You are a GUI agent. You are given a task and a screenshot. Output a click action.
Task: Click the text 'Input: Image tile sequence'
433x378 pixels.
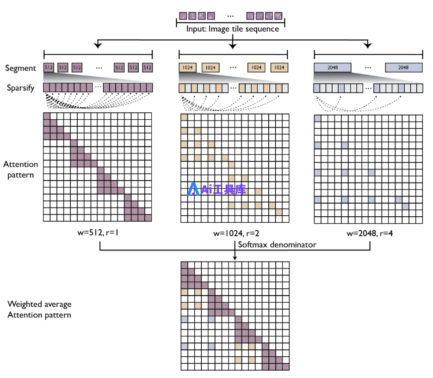(233, 29)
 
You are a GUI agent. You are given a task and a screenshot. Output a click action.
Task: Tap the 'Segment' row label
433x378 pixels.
(20, 68)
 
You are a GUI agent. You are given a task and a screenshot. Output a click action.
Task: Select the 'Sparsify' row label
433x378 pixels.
(21, 88)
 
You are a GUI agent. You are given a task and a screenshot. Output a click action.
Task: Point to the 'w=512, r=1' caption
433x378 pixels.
(98, 232)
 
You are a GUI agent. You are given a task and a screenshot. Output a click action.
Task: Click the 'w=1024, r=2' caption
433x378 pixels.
(236, 233)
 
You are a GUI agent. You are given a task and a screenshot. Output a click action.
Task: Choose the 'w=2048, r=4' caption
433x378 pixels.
(370, 233)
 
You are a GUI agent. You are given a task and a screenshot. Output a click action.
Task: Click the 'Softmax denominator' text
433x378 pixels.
(277, 245)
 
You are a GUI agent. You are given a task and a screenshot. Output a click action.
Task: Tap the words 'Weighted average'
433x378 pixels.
(39, 304)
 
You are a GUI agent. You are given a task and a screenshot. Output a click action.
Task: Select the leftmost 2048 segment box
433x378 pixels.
(333, 67)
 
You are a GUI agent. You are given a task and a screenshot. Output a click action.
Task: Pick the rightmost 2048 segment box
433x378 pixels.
(404, 67)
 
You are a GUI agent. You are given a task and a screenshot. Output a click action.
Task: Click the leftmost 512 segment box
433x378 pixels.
(49, 67)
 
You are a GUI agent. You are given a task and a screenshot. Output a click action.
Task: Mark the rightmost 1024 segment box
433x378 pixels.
(279, 67)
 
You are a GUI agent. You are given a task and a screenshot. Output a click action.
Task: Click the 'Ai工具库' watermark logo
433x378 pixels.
(216, 189)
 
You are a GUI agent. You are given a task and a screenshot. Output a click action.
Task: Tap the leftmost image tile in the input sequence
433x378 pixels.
(183, 16)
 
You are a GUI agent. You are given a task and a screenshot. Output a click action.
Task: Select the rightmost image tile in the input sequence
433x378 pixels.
(278, 16)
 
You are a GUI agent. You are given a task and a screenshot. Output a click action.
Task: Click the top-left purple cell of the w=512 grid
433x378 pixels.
(47, 116)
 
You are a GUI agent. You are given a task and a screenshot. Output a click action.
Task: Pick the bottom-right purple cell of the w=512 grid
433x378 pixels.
(148, 218)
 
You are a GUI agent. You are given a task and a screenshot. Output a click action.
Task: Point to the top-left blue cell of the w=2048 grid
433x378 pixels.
(317, 118)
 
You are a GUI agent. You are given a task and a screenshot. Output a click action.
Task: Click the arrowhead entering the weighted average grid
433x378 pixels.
(235, 258)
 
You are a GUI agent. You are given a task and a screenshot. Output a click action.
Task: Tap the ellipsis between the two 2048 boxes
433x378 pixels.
(368, 67)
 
